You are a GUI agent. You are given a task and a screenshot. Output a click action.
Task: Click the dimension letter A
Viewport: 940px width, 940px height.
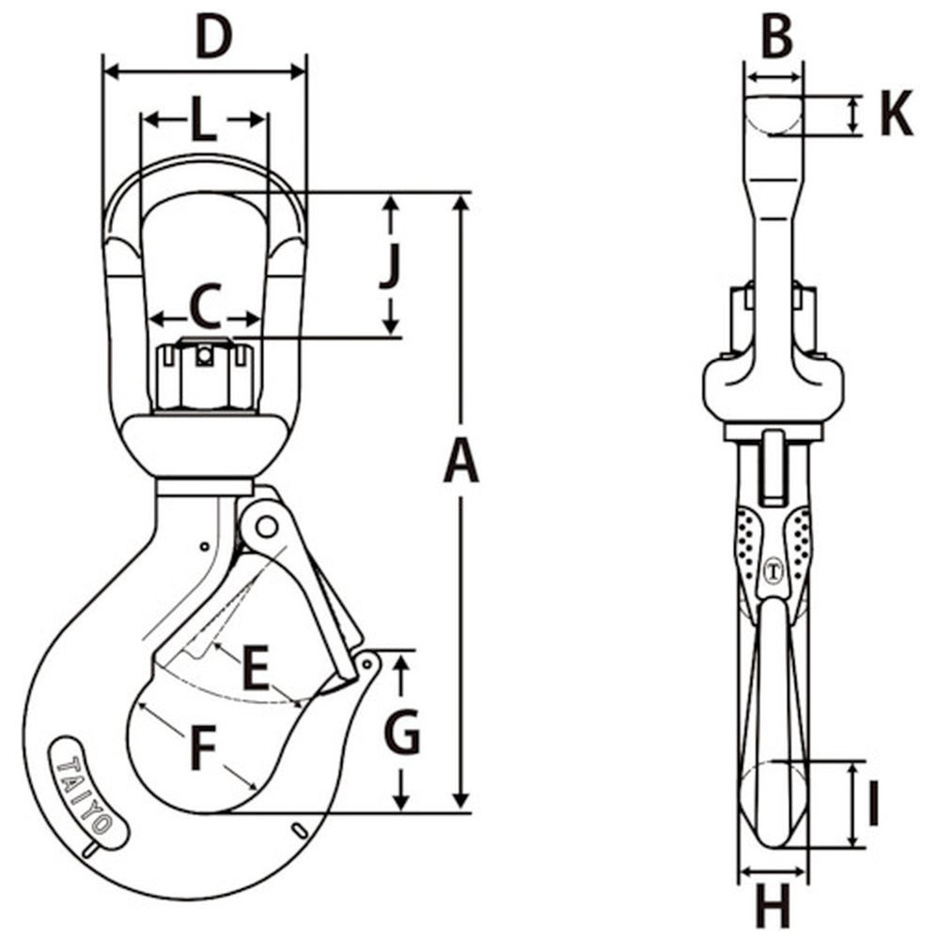pyautogui.click(x=461, y=463)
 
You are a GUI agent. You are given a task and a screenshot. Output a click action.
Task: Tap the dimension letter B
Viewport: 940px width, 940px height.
pyautogui.click(x=775, y=38)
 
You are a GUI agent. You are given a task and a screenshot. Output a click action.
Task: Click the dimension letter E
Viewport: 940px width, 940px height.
pyautogui.click(x=255, y=670)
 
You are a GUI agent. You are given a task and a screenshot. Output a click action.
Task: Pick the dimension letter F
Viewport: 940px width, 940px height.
pyautogui.click(x=202, y=749)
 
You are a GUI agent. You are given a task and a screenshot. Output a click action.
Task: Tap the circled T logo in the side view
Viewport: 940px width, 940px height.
pyautogui.click(x=775, y=569)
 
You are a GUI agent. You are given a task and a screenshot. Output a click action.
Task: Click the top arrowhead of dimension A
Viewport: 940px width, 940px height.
pyautogui.click(x=460, y=200)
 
